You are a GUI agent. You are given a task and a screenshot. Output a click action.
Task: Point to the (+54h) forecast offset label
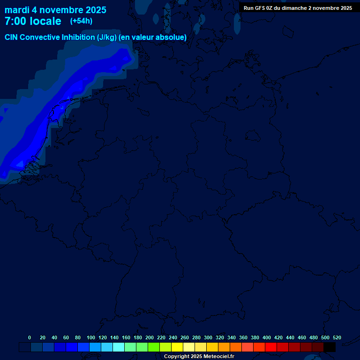81,21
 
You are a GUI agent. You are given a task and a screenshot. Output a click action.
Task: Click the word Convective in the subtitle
39,37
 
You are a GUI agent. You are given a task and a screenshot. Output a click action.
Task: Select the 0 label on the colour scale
30,338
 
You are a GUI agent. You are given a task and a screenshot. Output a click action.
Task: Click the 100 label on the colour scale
91,338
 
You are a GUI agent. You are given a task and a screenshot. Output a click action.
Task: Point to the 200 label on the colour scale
150,338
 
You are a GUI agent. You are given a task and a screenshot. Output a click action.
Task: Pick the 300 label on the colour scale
208,338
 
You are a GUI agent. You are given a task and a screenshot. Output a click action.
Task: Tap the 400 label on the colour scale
267,338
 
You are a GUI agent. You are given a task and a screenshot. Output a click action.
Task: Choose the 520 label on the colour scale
337,338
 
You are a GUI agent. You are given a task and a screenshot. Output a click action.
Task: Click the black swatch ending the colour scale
330,347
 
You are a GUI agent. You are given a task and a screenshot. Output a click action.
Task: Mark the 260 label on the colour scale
185,338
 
